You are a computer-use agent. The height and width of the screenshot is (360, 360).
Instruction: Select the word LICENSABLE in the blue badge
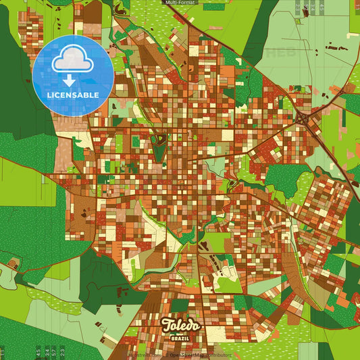tap(72, 95)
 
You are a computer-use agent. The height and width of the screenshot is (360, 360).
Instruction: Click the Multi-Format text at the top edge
tap(179, 3)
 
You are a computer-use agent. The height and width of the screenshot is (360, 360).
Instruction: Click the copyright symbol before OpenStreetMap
tap(166, 354)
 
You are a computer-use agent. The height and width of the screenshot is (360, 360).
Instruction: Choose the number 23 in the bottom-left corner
tap(62, 352)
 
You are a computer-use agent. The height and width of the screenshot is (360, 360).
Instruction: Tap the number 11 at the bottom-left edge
tap(3, 353)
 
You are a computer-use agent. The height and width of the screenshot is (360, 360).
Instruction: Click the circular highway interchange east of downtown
tap(302, 120)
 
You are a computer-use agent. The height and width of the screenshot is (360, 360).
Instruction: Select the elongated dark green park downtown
tap(159, 149)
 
